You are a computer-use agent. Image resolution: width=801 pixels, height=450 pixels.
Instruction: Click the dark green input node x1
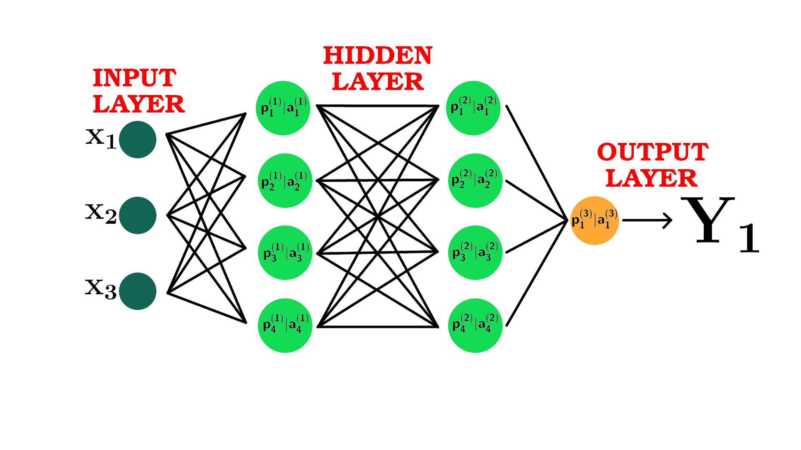click(138, 140)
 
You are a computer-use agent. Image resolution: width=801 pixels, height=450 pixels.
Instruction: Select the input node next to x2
click(138, 215)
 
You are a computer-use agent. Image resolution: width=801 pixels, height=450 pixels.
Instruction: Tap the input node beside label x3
click(138, 291)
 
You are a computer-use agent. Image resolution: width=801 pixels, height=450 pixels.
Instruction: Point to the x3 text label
click(101, 289)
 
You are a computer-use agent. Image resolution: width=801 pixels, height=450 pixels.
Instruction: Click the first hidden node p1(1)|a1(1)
click(283, 108)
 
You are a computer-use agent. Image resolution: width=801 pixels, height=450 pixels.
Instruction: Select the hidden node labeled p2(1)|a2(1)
click(285, 180)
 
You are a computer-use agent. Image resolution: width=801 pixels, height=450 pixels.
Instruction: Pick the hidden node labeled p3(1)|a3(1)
click(285, 252)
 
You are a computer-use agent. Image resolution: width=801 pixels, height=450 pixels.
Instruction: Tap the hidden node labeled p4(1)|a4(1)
click(285, 325)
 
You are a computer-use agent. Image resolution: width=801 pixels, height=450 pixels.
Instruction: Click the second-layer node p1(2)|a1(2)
click(473, 108)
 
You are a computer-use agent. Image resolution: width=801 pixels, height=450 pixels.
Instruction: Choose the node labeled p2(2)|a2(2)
click(475, 180)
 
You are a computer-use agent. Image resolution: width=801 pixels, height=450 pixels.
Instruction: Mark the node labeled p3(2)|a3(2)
click(475, 252)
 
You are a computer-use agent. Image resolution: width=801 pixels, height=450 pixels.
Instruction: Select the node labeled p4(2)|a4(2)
click(475, 325)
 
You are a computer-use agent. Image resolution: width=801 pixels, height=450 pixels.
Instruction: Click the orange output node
click(594, 220)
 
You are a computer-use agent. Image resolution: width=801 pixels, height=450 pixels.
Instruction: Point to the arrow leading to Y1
click(647, 220)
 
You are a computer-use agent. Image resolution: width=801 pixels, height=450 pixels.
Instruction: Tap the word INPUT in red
click(134, 78)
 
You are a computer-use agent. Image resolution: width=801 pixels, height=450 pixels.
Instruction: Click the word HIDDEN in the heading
click(378, 55)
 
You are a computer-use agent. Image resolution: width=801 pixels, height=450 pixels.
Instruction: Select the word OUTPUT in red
click(652, 152)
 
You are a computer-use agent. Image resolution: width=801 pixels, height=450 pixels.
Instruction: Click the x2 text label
click(101, 214)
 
